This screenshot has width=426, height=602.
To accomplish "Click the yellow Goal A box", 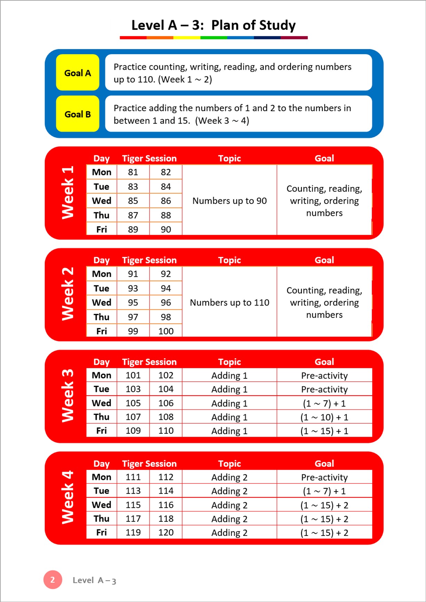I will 78,73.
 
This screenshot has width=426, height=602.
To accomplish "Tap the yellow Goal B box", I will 78,114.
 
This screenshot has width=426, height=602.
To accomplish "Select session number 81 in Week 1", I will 133,172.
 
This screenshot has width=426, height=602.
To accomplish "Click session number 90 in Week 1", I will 166,229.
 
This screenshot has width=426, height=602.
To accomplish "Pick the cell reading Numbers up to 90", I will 230,201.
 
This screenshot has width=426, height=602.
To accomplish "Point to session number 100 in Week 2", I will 166,331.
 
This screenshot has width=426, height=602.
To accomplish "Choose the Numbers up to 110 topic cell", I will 230,302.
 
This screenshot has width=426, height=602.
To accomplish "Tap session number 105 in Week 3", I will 133,403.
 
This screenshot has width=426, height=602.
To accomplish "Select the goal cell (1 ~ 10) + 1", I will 324,417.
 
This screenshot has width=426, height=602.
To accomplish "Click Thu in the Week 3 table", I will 101,417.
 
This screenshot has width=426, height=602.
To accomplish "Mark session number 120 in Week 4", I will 166,532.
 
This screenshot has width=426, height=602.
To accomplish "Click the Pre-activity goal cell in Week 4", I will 324,477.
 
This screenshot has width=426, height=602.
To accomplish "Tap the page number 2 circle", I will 53,579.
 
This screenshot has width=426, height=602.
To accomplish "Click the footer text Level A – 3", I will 94,580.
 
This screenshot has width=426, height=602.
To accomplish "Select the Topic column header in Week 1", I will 230,158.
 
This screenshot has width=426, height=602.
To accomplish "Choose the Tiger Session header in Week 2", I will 149,260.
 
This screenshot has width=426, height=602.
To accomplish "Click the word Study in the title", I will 277,25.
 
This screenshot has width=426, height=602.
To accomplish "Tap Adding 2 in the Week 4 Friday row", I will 230,532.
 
